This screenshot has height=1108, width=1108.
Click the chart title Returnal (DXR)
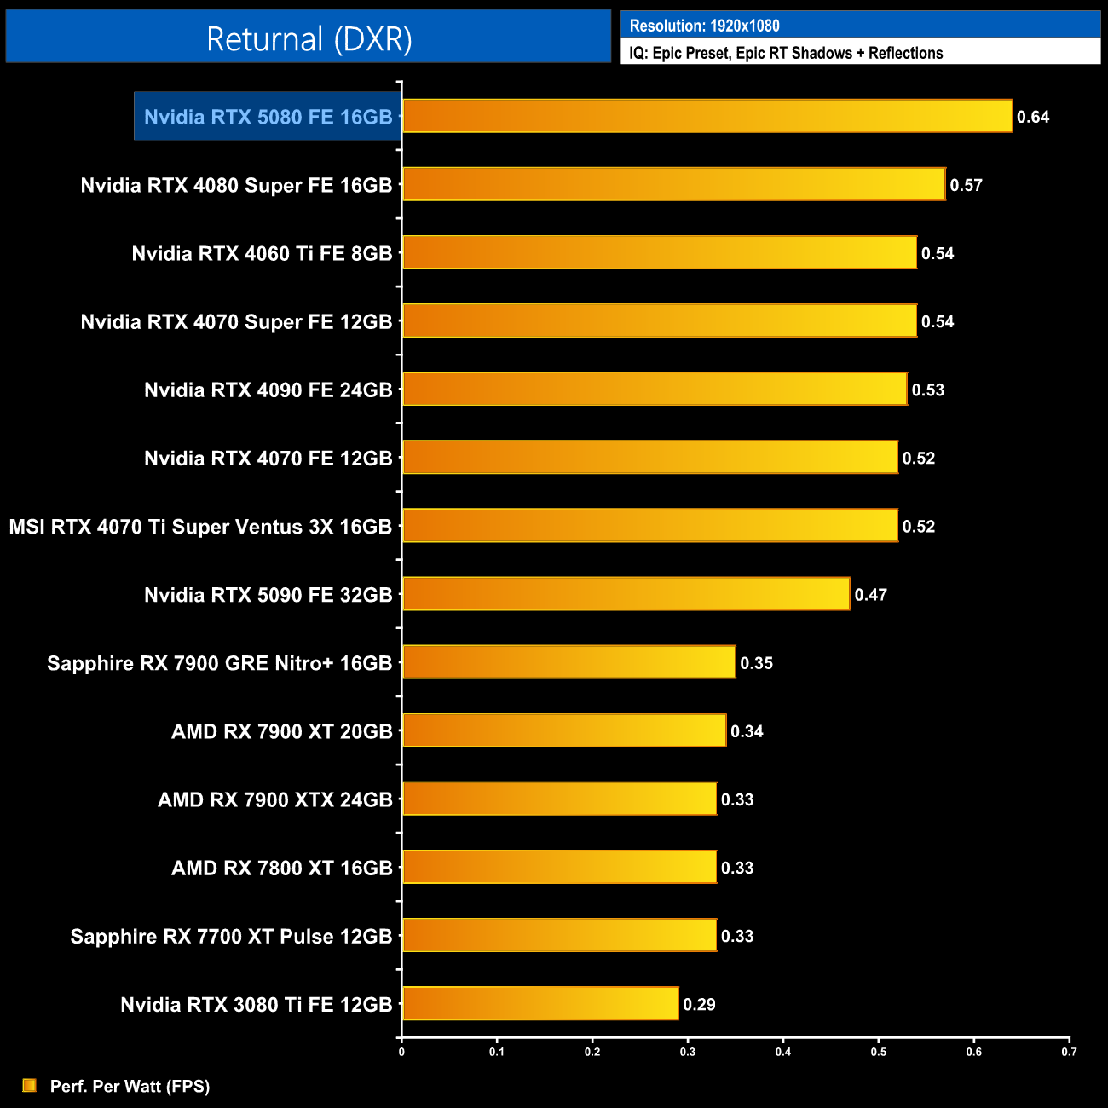coord(309,38)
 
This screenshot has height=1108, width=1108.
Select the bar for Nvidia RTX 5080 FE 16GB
coord(707,116)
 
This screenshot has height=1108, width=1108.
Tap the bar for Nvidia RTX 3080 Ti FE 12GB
coord(540,1003)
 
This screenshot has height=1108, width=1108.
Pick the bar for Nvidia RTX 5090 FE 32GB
coord(626,593)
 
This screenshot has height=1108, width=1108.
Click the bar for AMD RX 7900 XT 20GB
coord(564,730)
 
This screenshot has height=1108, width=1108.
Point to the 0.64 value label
coord(1033,117)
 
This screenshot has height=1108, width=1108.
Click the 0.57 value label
coord(967,185)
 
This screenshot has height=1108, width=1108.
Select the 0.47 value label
coord(871,595)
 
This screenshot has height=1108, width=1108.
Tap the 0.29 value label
coord(699,1004)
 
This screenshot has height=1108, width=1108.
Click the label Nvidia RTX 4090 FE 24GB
coord(268,390)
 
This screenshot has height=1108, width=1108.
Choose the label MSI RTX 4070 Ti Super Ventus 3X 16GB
coord(200,527)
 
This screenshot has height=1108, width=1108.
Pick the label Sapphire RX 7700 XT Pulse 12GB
coord(231,936)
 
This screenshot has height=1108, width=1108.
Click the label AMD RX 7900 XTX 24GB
coord(274,799)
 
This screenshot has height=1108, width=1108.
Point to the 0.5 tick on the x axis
coord(878,1052)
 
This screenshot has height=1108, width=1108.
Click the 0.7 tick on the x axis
coord(1069,1052)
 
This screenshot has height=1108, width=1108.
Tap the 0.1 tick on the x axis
coord(497,1052)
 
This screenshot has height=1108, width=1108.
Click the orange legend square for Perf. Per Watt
coord(30,1085)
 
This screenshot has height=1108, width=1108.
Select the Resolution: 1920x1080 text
coord(704,26)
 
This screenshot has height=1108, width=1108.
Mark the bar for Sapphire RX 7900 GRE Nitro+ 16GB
coord(569,662)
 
